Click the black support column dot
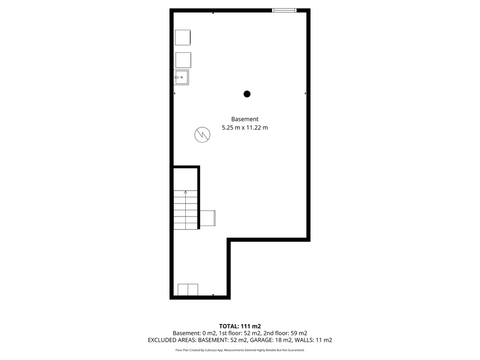point(247,94)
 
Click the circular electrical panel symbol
point(203,134)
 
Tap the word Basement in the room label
point(245,119)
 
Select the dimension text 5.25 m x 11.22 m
point(245,127)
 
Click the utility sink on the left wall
point(181,77)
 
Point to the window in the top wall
point(284,11)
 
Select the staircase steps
point(185,210)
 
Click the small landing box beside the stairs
point(207,218)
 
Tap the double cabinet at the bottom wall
point(188,289)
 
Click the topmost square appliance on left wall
point(183,37)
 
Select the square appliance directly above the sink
point(183,60)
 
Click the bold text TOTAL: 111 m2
point(240,326)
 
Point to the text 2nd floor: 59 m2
point(285,333)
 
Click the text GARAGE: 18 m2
point(271,340)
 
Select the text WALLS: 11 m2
point(313,340)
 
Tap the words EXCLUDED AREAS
point(172,340)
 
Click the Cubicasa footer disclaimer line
point(240,350)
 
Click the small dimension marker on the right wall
point(305,94)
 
